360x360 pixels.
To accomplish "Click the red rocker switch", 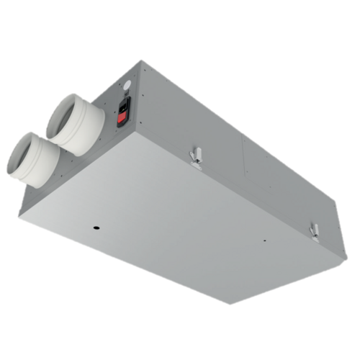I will click(125, 113).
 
